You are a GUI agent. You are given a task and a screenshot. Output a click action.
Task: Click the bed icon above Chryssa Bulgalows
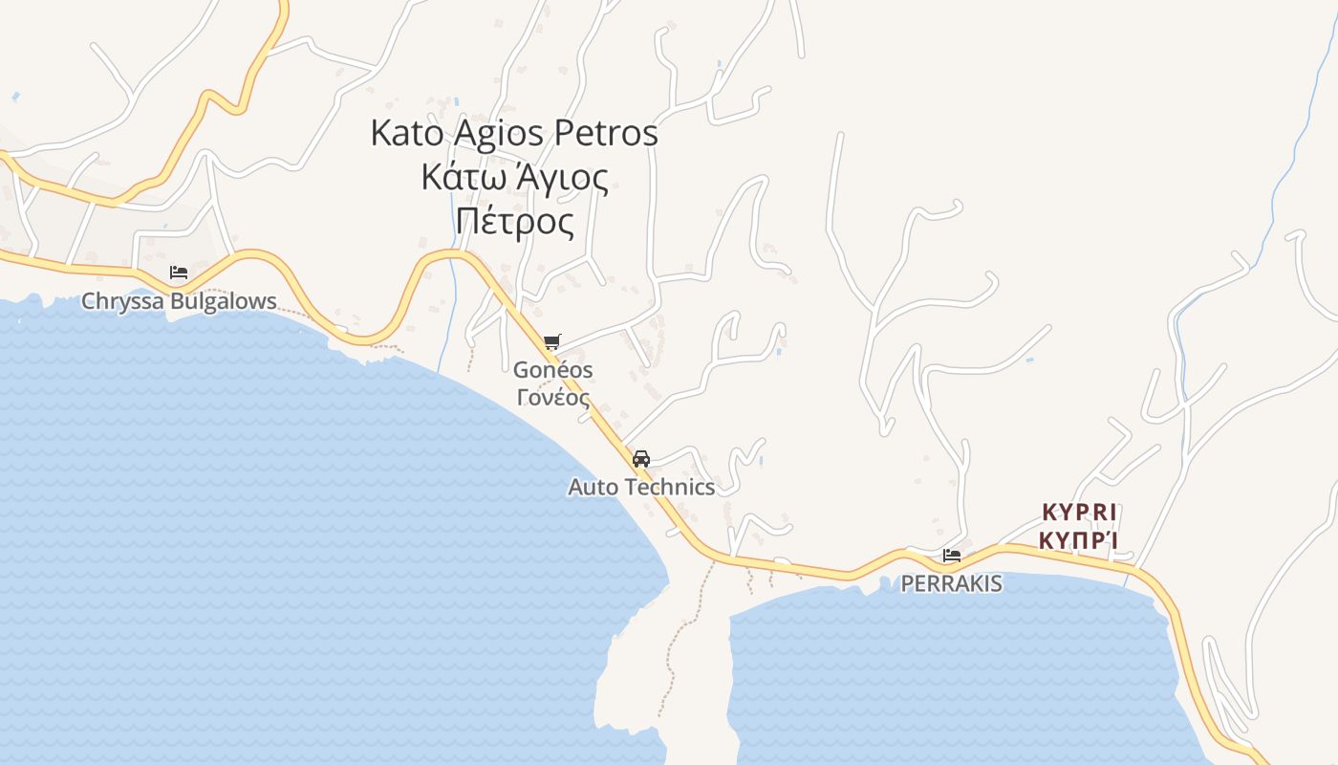click(x=179, y=273)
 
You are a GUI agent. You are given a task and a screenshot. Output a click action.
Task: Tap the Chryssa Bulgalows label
click(x=179, y=301)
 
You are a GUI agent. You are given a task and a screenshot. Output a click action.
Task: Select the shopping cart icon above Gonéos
click(x=551, y=342)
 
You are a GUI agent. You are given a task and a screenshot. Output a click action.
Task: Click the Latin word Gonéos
click(x=553, y=369)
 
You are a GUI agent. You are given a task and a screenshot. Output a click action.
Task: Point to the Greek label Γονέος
click(x=553, y=396)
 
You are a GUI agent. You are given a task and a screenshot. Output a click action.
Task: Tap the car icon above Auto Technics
click(x=641, y=459)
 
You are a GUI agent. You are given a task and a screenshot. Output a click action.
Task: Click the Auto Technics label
click(x=641, y=487)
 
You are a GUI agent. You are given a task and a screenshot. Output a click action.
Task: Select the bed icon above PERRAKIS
click(x=952, y=555)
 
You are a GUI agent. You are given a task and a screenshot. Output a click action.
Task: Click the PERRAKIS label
click(x=952, y=583)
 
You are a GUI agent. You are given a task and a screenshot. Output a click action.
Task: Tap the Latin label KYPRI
click(x=1079, y=512)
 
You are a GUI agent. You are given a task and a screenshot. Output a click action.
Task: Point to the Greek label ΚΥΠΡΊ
click(x=1079, y=541)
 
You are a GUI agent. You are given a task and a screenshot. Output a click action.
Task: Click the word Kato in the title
click(x=406, y=133)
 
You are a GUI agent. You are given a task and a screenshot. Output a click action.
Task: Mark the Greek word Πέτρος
click(x=515, y=222)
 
